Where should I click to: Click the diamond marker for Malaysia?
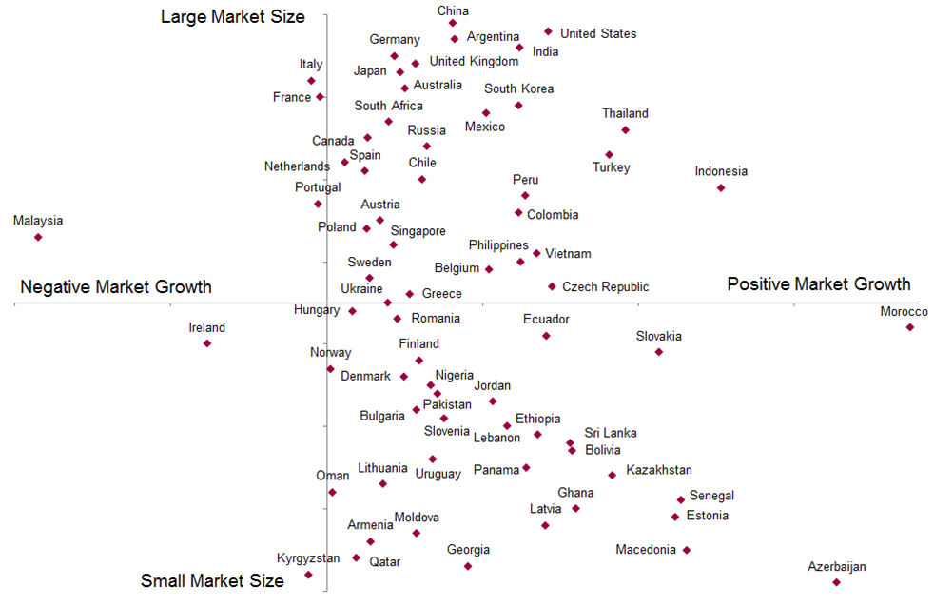38,237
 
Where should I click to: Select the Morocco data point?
910,327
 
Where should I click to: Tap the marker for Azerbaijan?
836,582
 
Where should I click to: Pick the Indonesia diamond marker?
721,187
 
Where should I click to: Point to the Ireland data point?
207,343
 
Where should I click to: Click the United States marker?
548,31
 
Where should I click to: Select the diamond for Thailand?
625,129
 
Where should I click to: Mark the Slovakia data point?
659,352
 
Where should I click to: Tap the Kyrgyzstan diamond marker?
308,575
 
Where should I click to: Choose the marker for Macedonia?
687,550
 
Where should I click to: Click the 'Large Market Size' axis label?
233,17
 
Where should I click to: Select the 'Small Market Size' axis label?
212,581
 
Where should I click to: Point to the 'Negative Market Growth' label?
116,287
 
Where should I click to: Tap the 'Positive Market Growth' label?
819,284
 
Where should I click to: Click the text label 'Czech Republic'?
606,286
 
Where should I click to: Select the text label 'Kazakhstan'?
659,470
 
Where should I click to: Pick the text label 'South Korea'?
518,88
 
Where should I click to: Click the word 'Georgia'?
469,550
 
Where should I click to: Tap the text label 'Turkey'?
612,167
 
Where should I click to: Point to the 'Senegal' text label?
711,496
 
